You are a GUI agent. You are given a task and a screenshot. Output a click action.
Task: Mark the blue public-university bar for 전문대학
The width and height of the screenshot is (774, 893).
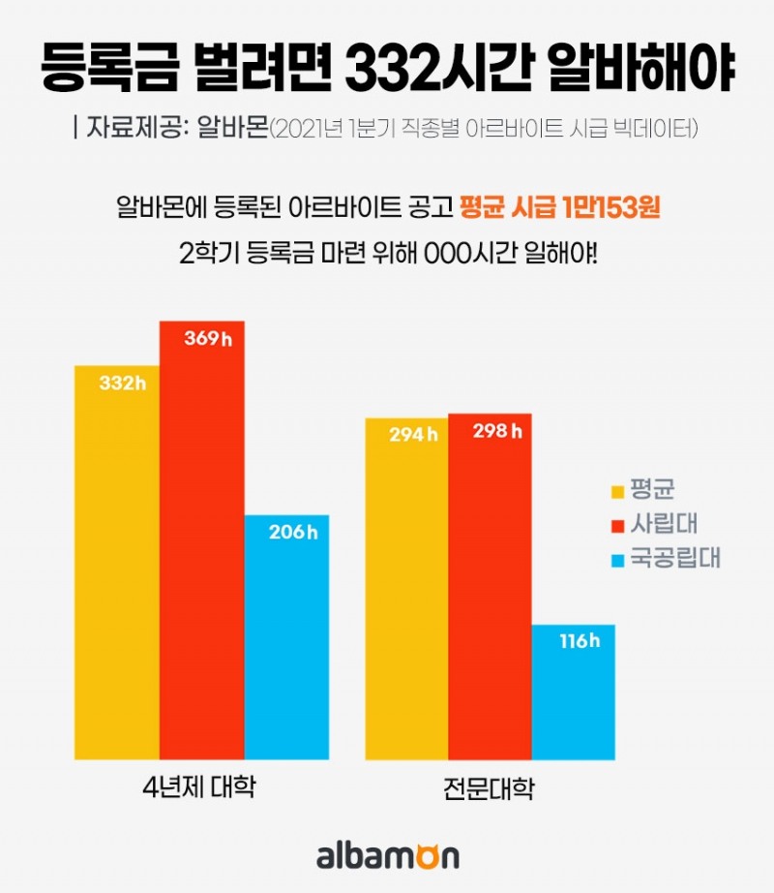(x=573, y=692)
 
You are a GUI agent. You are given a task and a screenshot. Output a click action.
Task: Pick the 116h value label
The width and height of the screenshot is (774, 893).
(x=580, y=641)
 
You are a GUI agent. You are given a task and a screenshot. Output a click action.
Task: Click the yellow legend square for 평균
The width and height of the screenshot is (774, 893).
(x=616, y=490)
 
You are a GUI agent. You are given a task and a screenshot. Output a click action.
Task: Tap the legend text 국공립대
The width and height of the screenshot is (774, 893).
(x=675, y=558)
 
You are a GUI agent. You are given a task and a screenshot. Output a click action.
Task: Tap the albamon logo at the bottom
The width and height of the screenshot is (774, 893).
(x=387, y=857)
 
